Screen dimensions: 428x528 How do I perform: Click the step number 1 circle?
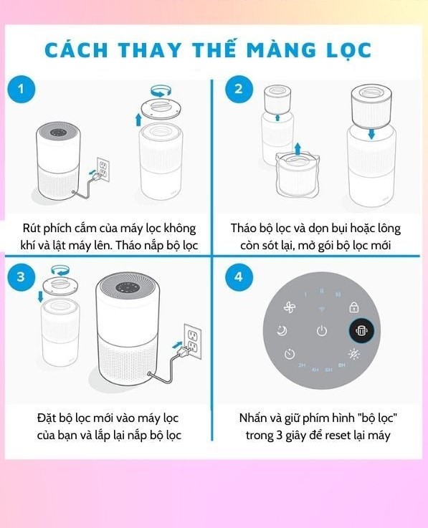(x=22, y=90)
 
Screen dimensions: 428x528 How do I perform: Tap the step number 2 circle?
(x=239, y=89)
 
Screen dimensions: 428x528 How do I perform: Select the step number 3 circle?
(x=21, y=277)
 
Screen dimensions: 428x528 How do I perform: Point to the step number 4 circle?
(x=239, y=277)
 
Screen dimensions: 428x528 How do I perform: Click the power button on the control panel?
(x=322, y=331)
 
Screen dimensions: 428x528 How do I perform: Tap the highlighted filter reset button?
(x=361, y=331)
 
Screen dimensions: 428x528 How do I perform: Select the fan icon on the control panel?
(x=290, y=307)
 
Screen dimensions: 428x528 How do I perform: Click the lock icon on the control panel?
(x=354, y=307)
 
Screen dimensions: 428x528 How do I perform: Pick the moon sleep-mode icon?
(x=282, y=331)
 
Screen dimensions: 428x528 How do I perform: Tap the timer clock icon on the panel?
(x=290, y=354)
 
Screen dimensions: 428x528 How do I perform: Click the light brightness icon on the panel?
(x=354, y=354)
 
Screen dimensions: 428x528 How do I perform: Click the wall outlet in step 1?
(x=103, y=169)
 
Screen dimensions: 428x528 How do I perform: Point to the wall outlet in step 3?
(x=192, y=342)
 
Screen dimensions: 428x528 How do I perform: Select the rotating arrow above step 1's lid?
(x=161, y=90)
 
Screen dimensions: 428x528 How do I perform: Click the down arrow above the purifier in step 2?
(x=371, y=135)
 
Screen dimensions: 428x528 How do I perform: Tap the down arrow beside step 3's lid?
(x=41, y=297)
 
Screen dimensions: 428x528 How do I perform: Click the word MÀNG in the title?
(x=281, y=50)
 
